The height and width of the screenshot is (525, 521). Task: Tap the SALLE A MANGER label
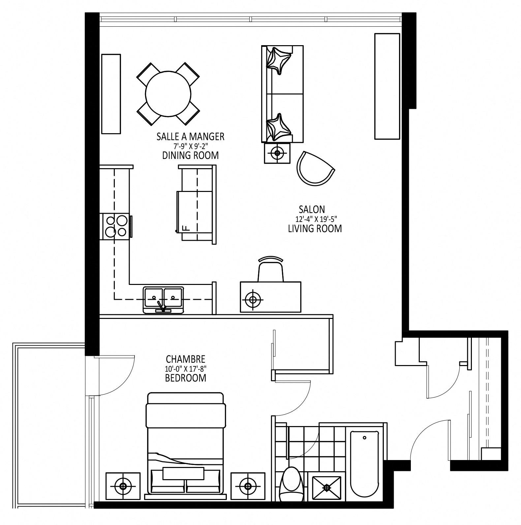click(x=190, y=137)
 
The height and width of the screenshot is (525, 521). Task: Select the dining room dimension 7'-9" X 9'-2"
click(x=190, y=146)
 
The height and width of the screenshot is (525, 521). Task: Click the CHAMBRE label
click(x=186, y=359)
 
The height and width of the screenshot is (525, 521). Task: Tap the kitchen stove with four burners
click(x=115, y=227)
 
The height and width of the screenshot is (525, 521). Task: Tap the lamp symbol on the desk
click(x=253, y=300)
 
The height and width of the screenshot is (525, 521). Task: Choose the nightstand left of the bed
click(x=123, y=486)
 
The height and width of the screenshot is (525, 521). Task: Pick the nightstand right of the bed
click(x=248, y=486)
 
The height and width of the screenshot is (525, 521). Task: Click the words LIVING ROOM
click(x=315, y=229)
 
